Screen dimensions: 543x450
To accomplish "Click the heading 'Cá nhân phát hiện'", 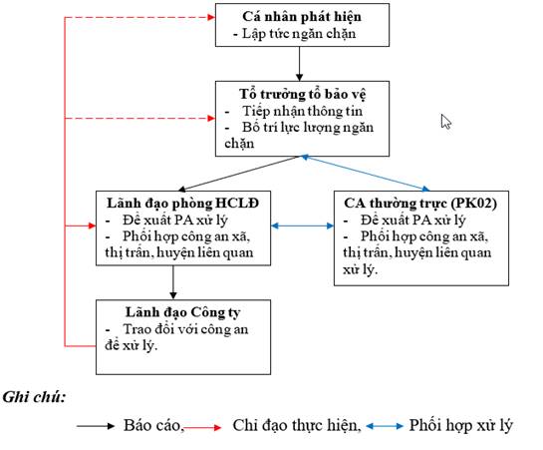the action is (x=302, y=17).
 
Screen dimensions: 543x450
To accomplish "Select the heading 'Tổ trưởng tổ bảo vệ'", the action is (x=302, y=95).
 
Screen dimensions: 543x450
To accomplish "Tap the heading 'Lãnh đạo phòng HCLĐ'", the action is (x=182, y=204).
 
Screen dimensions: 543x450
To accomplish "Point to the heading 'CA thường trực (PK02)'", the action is (x=420, y=204).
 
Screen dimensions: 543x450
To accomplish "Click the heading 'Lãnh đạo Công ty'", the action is (x=183, y=312).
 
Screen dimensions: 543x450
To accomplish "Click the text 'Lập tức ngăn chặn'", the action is (x=299, y=34).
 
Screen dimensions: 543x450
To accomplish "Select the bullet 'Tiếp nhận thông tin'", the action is (x=302, y=112).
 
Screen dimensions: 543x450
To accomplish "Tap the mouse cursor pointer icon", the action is (x=445, y=122).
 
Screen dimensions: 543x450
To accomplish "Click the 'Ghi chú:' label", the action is (x=34, y=397).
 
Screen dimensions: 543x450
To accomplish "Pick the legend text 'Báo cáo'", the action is (x=152, y=425).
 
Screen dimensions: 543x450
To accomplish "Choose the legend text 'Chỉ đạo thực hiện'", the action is (x=295, y=425).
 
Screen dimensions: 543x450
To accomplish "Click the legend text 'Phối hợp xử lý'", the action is (x=460, y=425).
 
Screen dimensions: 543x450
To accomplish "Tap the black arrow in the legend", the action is (x=96, y=426).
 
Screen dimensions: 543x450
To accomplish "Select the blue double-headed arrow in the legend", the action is (x=385, y=426).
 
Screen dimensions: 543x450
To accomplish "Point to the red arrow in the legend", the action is (x=202, y=427).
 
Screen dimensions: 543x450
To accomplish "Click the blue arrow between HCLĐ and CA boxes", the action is (x=302, y=226).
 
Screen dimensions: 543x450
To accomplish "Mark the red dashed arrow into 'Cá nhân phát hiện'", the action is (x=139, y=17).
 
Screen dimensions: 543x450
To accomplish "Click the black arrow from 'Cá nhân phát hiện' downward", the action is (x=300, y=64).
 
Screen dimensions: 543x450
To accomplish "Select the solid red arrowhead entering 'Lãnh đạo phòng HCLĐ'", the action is (x=92, y=226).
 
